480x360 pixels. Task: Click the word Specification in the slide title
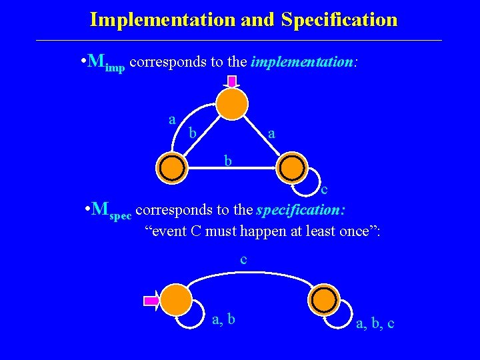point(339,20)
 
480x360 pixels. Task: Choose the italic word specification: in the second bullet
point(301,210)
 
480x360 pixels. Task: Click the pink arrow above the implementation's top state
point(232,82)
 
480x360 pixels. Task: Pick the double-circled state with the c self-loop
point(291,168)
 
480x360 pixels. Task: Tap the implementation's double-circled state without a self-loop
point(172,168)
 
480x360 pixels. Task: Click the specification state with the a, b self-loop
point(176,300)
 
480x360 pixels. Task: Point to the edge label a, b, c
point(375,324)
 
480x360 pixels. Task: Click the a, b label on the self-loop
point(223,320)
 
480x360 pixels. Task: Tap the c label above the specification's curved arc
point(243,260)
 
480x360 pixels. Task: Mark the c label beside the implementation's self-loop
point(324,189)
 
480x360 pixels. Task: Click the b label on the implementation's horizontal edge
point(228,161)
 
